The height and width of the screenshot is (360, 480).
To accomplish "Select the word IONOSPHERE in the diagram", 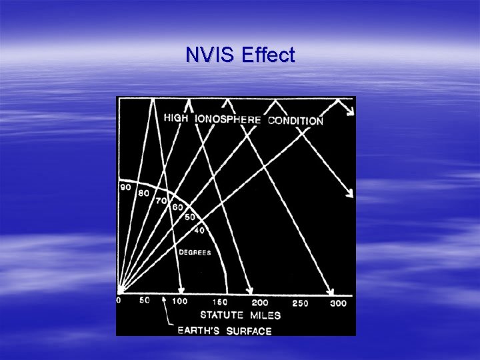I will (229, 119).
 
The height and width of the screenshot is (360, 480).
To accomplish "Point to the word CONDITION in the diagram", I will (295, 121).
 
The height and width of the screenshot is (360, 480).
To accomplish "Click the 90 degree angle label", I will (125, 187).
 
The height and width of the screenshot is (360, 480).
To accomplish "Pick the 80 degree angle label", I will (143, 193).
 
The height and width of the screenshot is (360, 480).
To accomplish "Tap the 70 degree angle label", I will (161, 201).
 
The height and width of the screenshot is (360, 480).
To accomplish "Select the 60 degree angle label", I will (177, 207).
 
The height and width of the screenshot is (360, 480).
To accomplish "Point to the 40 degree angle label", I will (199, 231).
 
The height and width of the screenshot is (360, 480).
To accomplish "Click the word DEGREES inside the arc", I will (194, 253).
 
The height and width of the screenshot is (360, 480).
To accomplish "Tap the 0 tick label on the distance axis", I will (119, 301).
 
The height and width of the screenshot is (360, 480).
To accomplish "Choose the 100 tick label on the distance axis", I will (179, 301).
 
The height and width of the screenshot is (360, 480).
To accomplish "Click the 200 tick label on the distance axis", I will (259, 303).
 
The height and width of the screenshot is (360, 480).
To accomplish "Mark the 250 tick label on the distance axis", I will (300, 303).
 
